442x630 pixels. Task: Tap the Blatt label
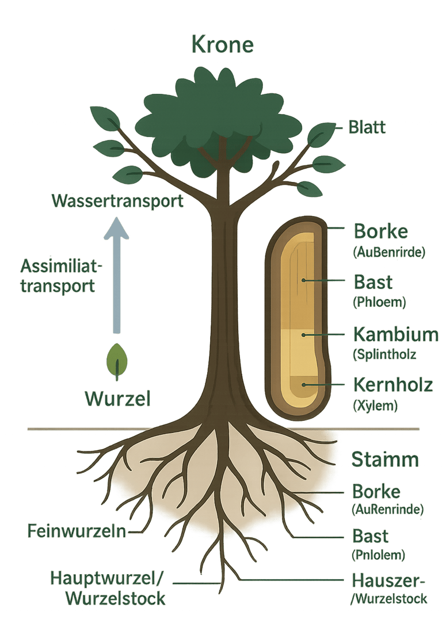click(x=367, y=127)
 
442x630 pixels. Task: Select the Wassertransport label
click(x=117, y=202)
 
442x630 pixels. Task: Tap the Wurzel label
click(x=118, y=399)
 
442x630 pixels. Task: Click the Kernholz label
click(x=393, y=384)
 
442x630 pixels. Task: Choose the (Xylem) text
click(x=374, y=405)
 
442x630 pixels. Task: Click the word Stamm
click(x=385, y=461)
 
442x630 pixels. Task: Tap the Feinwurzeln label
click(x=77, y=531)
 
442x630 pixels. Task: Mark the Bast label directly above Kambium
click(x=372, y=283)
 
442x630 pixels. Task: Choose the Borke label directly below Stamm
click(x=376, y=492)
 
